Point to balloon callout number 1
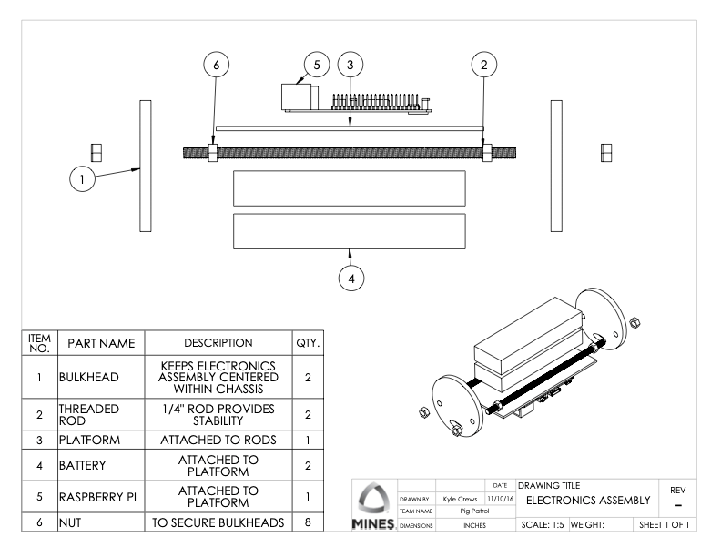coord(83,179)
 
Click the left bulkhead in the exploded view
coord(145,167)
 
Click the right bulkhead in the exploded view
coord(557,167)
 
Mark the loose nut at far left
coord(96,151)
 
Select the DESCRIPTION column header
coord(214,343)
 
